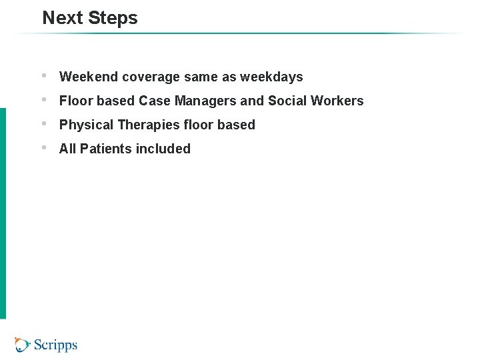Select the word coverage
coord(151,77)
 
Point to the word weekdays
coord(271,77)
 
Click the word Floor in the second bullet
coord(75,101)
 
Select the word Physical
coord(86,125)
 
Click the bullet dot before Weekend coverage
coord(44,75)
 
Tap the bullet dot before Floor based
coord(44,99)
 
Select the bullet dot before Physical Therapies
coord(44,123)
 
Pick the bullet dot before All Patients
coord(44,147)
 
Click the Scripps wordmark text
coord(55,345)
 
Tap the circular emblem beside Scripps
coord(23,345)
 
